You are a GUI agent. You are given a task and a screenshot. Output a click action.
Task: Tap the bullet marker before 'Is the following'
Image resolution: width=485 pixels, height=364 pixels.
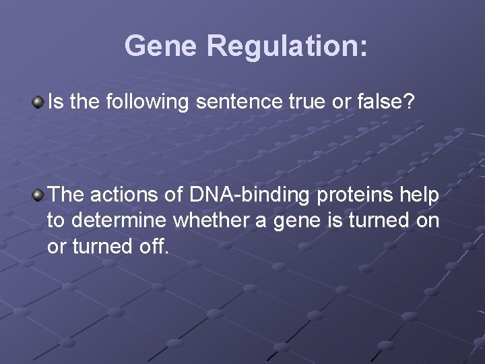[38, 102]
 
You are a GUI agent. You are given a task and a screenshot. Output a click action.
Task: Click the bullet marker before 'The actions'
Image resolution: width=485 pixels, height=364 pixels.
[38, 195]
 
